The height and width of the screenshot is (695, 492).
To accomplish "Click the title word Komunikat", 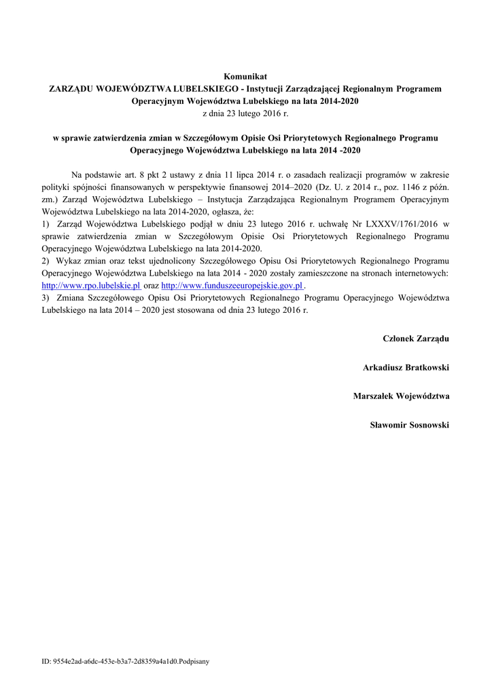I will [245, 77].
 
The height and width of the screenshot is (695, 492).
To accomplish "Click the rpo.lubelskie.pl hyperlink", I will [90, 286].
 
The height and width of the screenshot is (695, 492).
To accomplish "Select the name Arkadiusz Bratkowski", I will [406, 367].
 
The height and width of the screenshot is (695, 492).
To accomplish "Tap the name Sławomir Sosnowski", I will [409, 425].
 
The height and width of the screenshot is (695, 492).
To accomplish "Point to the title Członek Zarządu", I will [416, 338].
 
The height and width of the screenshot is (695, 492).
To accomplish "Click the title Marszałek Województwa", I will [401, 396].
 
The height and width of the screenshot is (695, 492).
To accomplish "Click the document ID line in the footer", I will [125, 660].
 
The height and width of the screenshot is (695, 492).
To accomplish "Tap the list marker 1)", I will [46, 223].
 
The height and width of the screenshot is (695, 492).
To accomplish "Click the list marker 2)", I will [46, 261].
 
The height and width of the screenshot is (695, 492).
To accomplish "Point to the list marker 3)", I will [46, 297].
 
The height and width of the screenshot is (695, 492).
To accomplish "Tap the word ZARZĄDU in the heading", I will [71, 88].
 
